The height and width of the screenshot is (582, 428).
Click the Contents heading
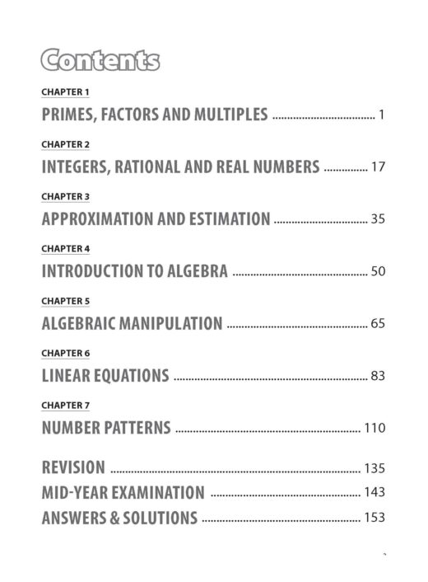100,60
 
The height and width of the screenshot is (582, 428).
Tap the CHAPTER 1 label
65,92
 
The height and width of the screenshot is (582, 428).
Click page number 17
378,167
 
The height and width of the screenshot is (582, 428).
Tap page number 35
378,219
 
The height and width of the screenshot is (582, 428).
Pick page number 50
378,271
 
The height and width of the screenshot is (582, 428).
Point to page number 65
378,324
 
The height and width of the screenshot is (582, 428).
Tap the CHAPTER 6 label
65,353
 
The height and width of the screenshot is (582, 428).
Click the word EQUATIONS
131,377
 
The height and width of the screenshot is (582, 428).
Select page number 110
374,429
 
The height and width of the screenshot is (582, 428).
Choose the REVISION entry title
73,468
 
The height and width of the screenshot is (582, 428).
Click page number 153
374,519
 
